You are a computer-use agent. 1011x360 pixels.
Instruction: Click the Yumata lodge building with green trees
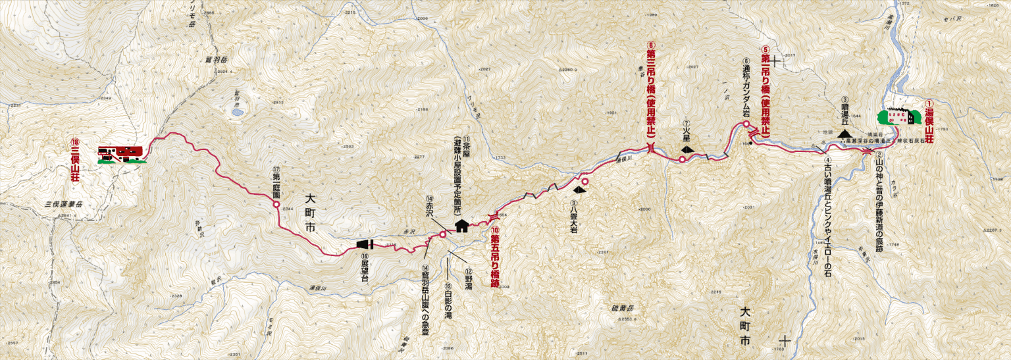[x=896, y=117]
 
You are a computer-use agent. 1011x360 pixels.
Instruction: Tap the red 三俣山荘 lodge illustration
[x=121, y=153]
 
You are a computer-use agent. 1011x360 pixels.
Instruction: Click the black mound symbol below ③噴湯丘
[x=844, y=134]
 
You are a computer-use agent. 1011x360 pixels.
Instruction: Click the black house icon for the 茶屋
[x=461, y=226]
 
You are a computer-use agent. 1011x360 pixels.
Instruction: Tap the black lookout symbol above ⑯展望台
[x=365, y=245]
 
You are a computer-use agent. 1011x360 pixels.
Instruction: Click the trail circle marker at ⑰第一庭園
[x=276, y=205]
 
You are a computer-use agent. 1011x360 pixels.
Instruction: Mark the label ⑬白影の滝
[x=448, y=302]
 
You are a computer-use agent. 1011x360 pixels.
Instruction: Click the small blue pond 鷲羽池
[x=236, y=112]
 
